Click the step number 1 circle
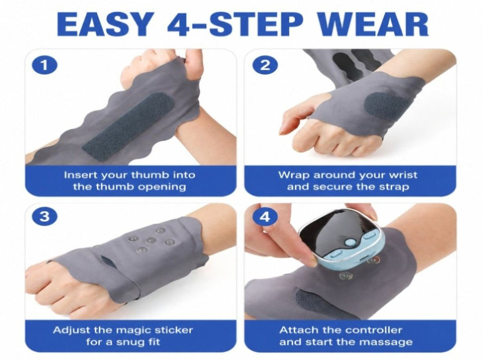[45, 65]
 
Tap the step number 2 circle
[265, 65]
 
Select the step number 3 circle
[45, 216]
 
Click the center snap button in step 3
[150, 241]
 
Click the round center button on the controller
[349, 243]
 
